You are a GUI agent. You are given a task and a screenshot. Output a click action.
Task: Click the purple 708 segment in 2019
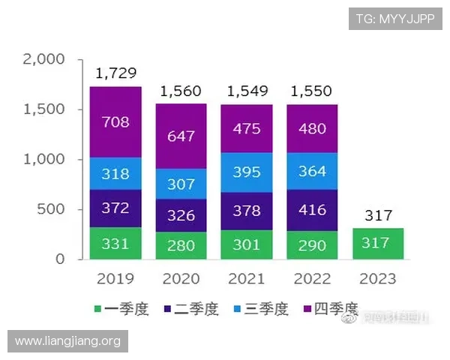115,122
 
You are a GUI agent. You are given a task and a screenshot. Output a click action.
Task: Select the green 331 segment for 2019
115,244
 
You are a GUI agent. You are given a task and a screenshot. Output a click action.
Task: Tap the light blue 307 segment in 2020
181,184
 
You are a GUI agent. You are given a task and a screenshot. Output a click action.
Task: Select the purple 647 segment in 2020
181,136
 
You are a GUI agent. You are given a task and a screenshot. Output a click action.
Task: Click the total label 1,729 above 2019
115,73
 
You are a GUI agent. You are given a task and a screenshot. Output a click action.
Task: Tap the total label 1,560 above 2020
181,91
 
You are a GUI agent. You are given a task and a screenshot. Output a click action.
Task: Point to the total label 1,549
246,91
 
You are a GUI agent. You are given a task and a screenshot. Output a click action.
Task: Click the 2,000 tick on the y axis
44,59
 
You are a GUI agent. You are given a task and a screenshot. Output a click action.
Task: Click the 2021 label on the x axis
246,279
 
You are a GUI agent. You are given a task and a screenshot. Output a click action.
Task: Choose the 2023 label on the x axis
377,279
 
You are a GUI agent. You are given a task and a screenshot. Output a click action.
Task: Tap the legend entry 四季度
328,309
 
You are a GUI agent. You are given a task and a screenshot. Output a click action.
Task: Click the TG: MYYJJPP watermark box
395,19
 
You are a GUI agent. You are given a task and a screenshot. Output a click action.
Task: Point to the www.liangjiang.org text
68,341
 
